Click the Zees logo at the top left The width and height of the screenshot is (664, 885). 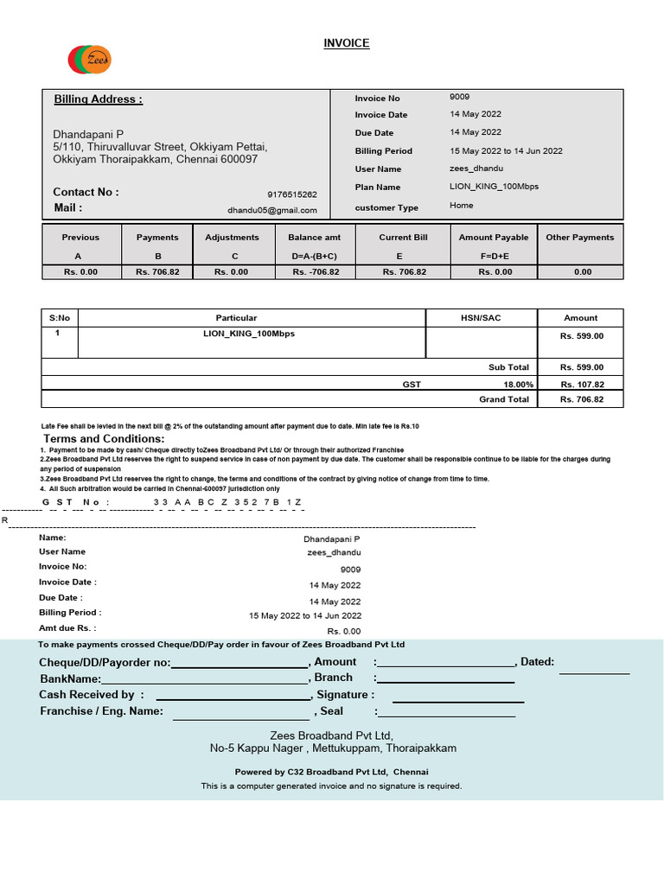point(89,59)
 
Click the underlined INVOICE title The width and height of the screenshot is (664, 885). point(346,43)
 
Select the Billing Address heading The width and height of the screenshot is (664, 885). point(98,99)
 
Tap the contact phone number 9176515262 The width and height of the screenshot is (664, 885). point(292,195)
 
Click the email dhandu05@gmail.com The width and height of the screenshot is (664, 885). point(271,210)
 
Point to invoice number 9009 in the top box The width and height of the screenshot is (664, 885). point(459,97)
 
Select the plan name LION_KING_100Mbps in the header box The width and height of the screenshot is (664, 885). point(494,187)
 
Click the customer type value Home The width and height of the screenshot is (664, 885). point(462,206)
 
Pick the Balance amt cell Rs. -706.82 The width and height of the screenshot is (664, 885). point(316,271)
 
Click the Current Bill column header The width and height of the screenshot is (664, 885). point(403,237)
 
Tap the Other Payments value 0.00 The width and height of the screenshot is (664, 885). point(582,271)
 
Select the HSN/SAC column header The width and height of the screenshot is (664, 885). point(481,318)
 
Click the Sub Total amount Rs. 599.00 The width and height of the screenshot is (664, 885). point(581,367)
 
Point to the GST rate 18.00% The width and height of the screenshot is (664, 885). point(518,384)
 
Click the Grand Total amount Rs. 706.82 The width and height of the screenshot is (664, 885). point(581,399)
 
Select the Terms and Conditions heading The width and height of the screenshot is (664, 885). point(103,439)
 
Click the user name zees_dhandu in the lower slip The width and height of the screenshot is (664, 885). point(334,551)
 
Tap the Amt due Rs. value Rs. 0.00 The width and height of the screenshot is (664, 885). point(343,632)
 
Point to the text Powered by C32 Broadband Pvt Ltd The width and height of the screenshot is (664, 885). point(331,772)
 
